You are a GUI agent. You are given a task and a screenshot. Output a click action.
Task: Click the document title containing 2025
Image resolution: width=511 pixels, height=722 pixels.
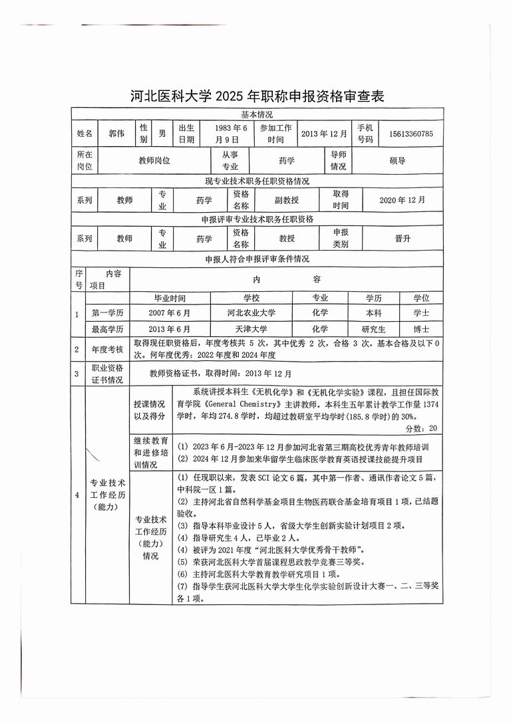coord(257,96)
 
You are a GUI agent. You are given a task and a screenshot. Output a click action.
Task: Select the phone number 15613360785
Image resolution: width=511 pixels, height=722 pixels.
coord(411,134)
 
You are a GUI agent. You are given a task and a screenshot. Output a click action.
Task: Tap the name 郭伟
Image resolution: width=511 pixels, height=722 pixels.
coord(116,134)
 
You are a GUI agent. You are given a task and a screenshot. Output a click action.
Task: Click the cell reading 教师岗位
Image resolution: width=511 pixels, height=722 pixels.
coord(154,160)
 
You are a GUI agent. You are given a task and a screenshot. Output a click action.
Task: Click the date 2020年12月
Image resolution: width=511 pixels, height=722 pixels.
coord(402,199)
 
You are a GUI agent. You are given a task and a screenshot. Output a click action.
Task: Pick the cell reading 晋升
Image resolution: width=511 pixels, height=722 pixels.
coord(403,239)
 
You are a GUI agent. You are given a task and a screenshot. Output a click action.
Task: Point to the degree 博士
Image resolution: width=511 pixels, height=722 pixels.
coord(421,329)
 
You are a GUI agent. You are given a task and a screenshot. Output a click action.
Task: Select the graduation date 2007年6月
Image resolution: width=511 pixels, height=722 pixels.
coord(170,312)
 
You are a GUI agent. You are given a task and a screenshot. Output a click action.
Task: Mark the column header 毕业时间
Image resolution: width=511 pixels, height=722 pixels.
coord(170,299)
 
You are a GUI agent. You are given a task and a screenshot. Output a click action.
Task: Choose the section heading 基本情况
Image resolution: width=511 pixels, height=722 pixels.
coord(257,115)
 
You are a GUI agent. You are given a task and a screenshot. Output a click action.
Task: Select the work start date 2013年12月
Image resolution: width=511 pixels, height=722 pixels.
coord(324,134)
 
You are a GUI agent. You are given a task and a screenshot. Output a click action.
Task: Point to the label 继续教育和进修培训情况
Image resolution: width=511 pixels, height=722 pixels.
coord(150,452)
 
